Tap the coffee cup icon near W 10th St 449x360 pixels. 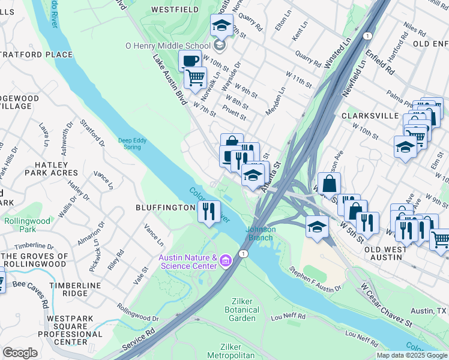(x=190, y=61)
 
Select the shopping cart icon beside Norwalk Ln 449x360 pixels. (x=195, y=77)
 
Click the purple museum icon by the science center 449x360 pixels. (x=226, y=260)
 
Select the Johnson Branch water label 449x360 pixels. (x=261, y=233)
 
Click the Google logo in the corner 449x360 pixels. (x=20, y=353)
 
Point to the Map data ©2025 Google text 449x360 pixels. (x=412, y=355)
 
